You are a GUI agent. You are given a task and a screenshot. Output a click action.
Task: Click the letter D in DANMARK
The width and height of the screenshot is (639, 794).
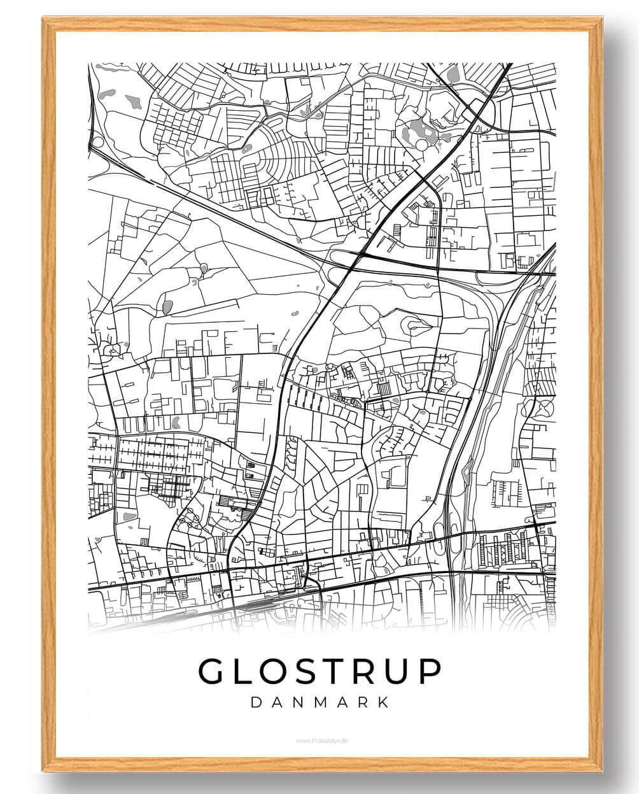click(256, 702)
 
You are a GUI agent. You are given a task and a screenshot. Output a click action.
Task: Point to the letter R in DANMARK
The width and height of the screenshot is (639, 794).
click(363, 702)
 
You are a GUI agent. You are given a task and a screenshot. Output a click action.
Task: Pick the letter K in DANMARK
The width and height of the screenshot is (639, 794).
click(384, 702)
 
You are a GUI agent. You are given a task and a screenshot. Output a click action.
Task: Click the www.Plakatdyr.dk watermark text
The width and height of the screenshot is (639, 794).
click(319, 741)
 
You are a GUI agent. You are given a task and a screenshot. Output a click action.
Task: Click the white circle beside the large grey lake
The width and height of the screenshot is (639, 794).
click(421, 146)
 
